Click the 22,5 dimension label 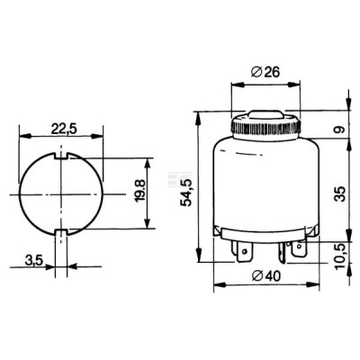tap(64, 130)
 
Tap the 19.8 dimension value tap(140, 191)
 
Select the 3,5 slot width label tap(34, 260)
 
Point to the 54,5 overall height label tap(186, 192)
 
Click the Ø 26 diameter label tap(265, 72)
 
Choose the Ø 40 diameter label tap(266, 276)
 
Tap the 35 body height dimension tap(341, 193)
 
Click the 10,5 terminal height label tap(341, 256)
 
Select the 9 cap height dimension tap(340, 130)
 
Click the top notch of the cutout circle tap(61, 156)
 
